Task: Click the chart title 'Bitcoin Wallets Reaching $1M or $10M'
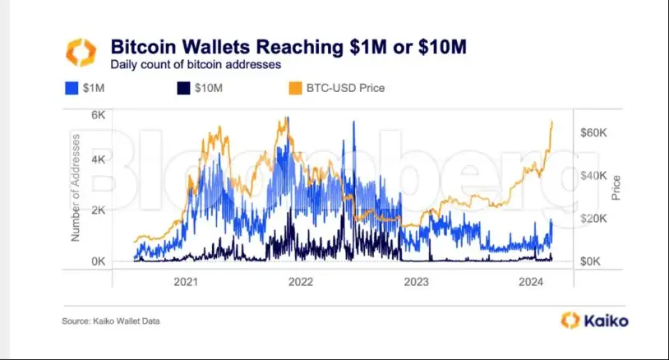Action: point(288,46)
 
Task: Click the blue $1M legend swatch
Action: point(72,88)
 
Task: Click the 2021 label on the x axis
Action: point(186,282)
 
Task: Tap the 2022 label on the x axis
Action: point(301,282)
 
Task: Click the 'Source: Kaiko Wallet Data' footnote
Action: point(111,321)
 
